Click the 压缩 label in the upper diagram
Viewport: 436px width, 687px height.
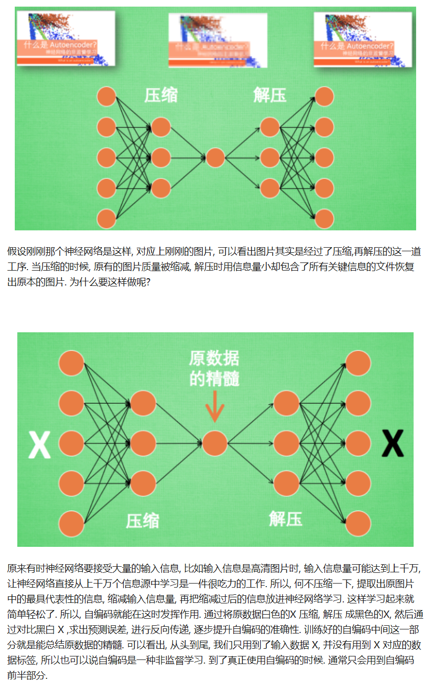(x=160, y=95)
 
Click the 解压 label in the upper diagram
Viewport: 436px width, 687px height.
(x=269, y=95)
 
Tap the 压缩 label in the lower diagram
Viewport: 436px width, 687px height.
(x=143, y=520)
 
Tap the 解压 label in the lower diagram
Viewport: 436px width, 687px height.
(x=285, y=519)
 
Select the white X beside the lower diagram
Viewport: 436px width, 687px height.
(x=39, y=444)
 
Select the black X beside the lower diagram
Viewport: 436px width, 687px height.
(x=393, y=443)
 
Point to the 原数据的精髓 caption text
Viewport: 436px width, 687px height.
(x=214, y=368)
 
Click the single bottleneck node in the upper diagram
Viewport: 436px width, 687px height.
(x=215, y=157)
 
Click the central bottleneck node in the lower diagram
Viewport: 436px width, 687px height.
(x=214, y=442)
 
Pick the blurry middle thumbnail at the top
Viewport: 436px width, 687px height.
(x=217, y=40)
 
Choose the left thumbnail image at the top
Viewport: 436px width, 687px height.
(x=66, y=38)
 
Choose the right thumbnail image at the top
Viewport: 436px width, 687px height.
(x=363, y=39)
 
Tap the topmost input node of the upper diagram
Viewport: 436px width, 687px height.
(x=106, y=97)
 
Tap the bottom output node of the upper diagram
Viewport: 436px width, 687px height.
(x=324, y=219)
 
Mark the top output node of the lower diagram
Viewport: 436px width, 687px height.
(x=358, y=363)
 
